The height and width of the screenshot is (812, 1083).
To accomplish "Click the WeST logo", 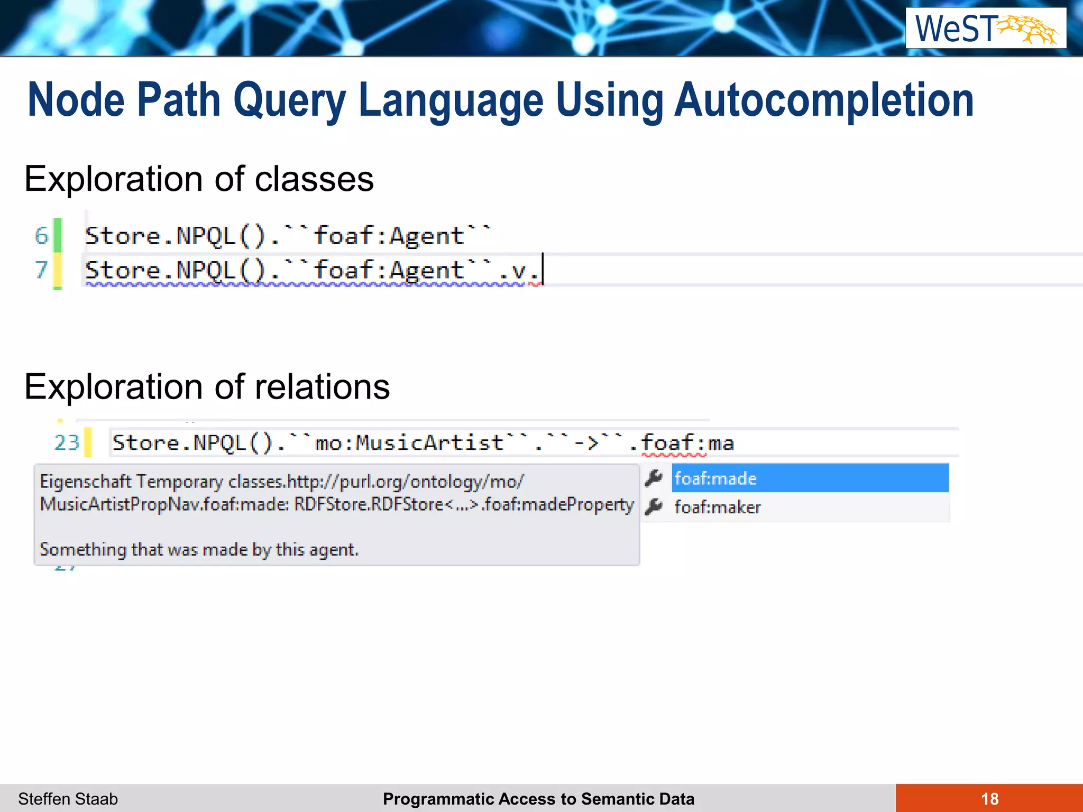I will coord(986,28).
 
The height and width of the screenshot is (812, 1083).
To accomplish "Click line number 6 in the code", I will coord(41,236).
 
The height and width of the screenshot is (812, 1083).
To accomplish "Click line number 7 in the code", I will coord(41,270).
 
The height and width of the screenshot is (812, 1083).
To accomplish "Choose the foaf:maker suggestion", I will coord(718,508).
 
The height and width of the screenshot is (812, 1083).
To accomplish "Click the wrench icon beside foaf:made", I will coord(654,478).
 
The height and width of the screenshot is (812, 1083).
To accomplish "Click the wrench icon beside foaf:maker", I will coord(654,507).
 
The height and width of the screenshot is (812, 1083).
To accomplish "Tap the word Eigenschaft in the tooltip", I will coord(85,482).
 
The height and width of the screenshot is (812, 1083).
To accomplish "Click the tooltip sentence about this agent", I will coord(199,550).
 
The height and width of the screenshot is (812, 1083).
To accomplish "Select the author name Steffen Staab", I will coord(68,799).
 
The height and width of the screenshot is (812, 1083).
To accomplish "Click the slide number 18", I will coord(989,799).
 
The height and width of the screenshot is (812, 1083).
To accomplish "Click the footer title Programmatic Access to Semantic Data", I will coord(538,799).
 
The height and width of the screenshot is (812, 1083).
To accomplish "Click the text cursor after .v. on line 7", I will coord(543,270).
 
